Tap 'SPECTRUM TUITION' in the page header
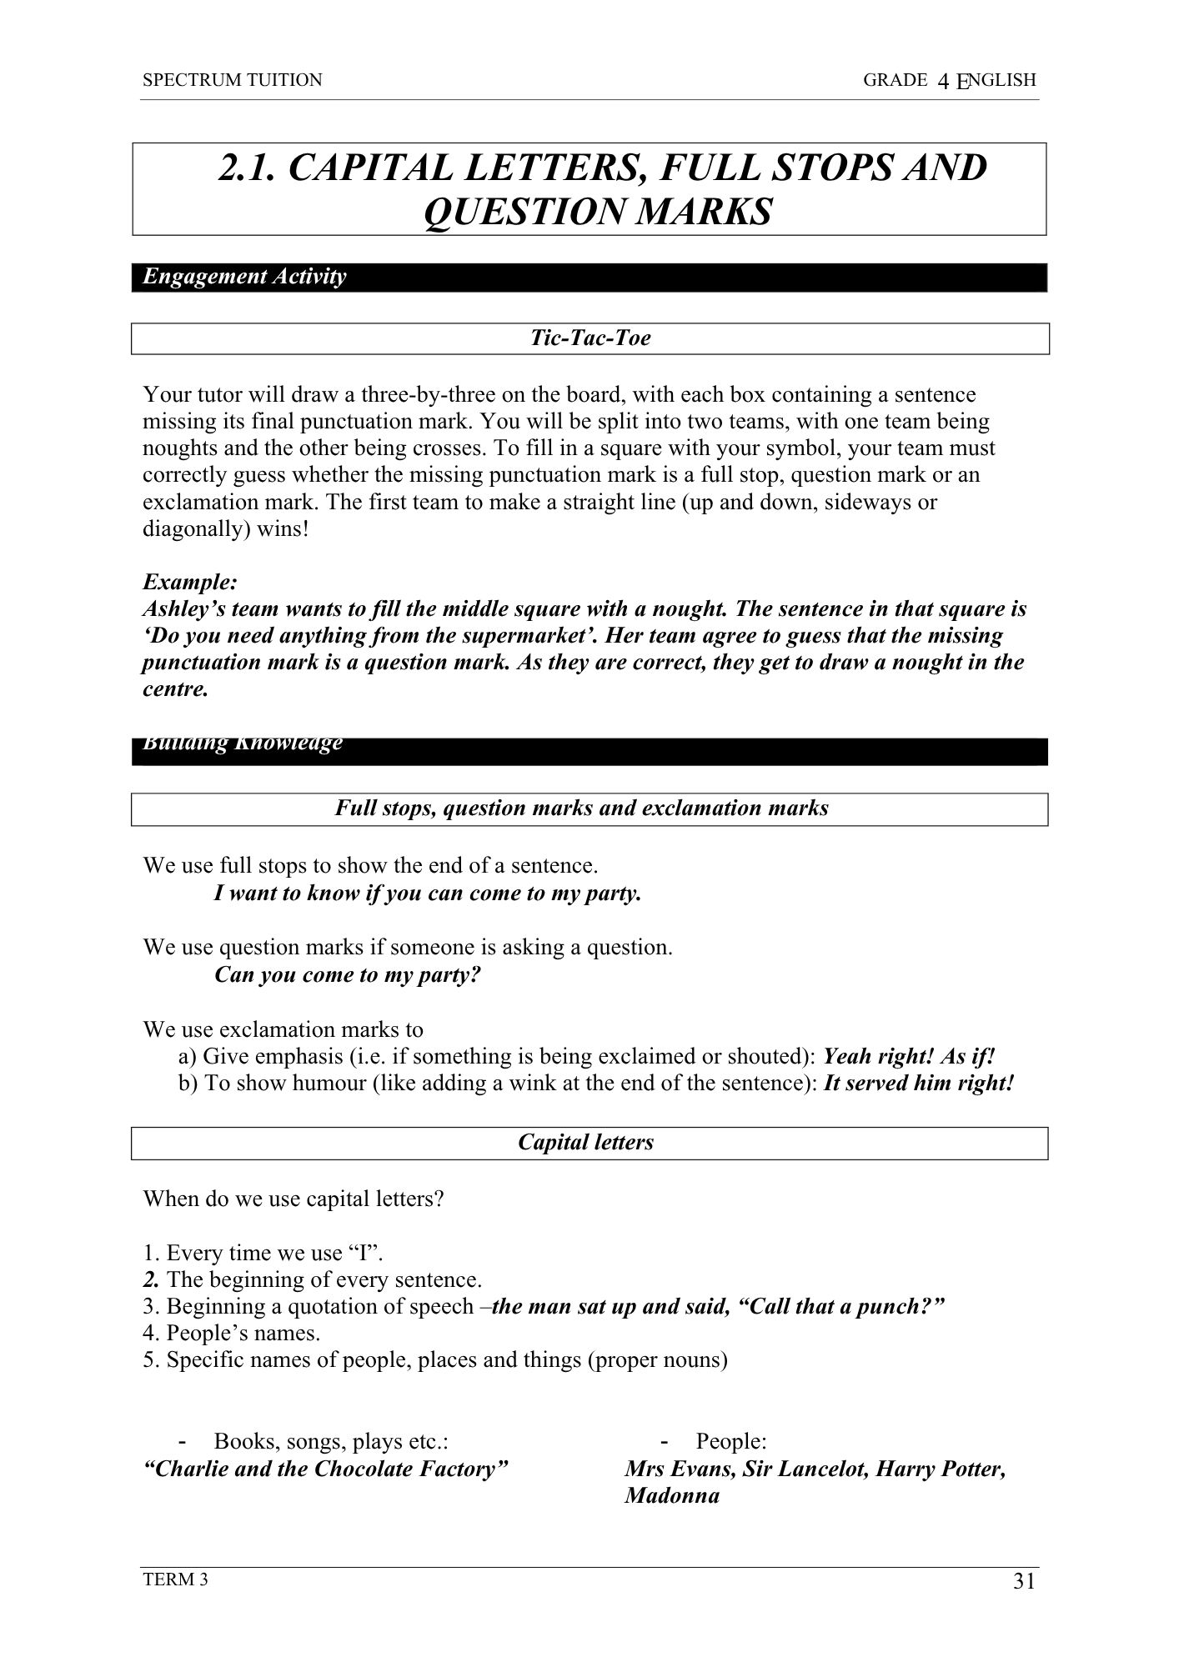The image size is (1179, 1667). point(232,80)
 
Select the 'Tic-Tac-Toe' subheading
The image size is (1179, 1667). point(590,338)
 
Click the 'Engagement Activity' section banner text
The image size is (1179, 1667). point(244,277)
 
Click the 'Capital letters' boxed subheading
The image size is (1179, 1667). point(586,1142)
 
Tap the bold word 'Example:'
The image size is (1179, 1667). point(190,582)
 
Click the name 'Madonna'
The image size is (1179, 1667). point(672,1495)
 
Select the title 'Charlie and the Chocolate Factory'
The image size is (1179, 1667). point(326,1469)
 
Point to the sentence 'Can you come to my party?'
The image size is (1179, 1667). point(348,974)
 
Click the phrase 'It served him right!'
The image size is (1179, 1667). point(918,1083)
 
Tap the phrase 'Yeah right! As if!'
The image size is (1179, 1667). point(909,1056)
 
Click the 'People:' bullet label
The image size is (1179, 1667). point(731,1441)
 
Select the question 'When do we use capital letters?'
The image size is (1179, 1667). point(293,1199)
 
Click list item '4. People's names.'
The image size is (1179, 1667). point(232,1333)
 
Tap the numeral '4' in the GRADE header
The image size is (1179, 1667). point(944,81)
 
